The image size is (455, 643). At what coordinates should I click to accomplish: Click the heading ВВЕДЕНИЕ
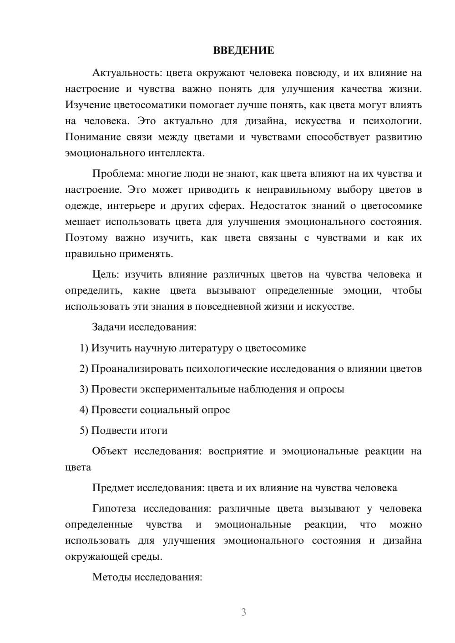(243, 50)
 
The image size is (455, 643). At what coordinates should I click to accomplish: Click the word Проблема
(113, 174)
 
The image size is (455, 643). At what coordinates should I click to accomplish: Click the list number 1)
(84, 348)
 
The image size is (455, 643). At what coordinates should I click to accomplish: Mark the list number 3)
(84, 390)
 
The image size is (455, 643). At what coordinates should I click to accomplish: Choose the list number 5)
(84, 431)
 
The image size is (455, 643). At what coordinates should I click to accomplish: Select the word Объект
(110, 452)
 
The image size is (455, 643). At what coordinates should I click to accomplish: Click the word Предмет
(112, 488)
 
